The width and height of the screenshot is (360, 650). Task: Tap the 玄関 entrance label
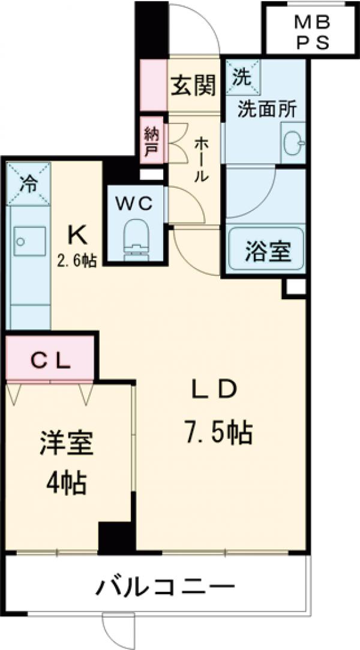194,87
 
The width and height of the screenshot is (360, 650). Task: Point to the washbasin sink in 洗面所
294,143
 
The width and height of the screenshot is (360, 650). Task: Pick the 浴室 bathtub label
268,251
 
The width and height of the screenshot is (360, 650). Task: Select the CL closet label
51,362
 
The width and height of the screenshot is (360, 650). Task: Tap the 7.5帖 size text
218,432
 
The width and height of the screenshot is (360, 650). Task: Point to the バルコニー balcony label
164,585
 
